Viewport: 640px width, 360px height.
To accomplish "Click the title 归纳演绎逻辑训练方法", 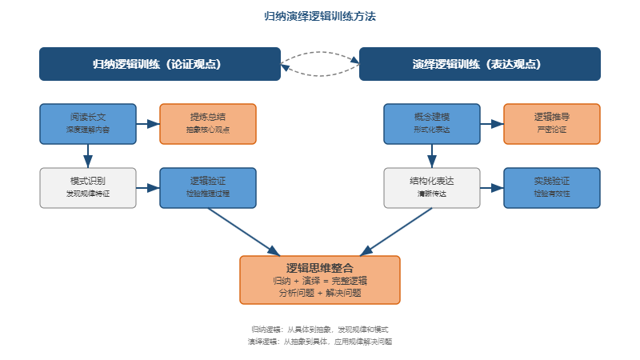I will (320, 16).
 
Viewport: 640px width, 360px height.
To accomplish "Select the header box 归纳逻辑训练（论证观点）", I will (160, 64).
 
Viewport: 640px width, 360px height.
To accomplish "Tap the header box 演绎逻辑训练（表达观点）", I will (480, 64).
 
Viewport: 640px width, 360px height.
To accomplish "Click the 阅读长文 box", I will (88, 123).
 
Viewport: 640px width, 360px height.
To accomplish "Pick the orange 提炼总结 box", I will (208, 123).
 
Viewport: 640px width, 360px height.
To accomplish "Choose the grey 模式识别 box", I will (88, 187).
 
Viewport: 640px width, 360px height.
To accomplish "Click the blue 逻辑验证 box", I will (208, 187).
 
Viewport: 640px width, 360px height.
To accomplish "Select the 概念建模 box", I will (432, 123).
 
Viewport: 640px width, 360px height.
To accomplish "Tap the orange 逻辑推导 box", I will (552, 123).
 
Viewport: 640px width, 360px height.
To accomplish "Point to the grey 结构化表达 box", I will (432, 187).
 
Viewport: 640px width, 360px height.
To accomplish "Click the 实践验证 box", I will (552, 187).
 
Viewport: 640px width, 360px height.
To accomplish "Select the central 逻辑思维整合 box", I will (320, 280).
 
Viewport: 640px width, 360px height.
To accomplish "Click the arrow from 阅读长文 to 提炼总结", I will (148, 124).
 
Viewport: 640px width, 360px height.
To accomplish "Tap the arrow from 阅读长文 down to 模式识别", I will (88, 156).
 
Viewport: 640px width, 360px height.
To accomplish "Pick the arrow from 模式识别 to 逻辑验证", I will (148, 188).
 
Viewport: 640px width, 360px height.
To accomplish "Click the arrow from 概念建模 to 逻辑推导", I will (492, 124).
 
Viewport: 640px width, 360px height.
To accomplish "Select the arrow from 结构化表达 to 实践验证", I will (492, 188).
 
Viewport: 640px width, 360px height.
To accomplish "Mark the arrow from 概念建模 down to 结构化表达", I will (432, 156).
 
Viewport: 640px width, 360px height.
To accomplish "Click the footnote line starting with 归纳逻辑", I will (320, 329).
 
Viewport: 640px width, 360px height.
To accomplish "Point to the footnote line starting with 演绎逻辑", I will (320, 341).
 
